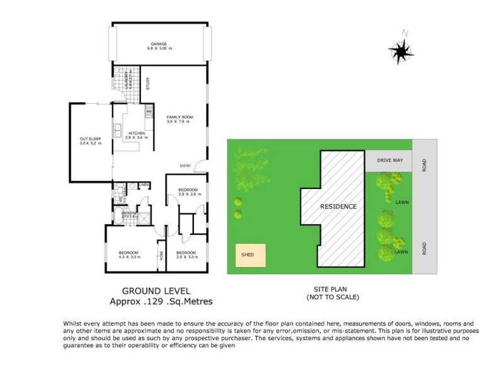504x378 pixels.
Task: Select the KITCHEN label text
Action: (137, 134)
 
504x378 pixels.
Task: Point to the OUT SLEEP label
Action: (88, 140)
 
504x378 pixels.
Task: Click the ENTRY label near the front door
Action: (185, 166)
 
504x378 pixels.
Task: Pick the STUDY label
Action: (147, 83)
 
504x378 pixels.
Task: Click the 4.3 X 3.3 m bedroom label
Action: (129, 255)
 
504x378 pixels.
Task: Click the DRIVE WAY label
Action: (389, 161)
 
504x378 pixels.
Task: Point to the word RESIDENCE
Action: (338, 207)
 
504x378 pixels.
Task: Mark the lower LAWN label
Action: (401, 252)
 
